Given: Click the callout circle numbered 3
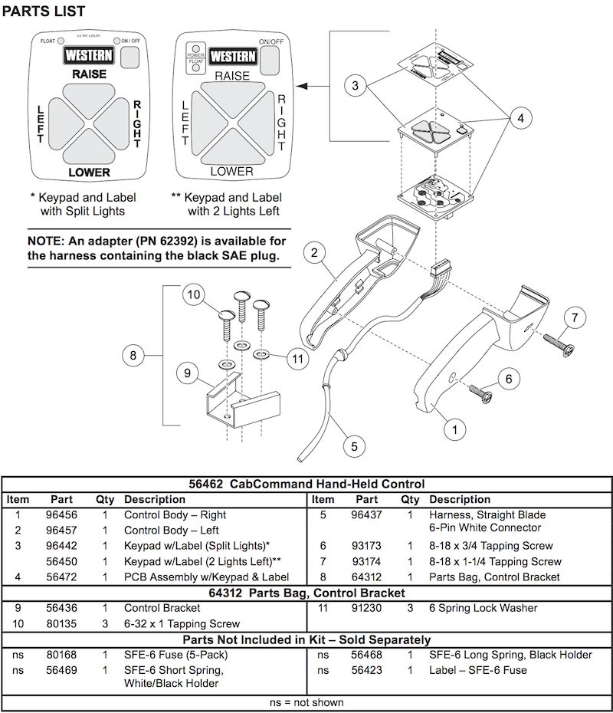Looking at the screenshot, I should pyautogui.click(x=355, y=87).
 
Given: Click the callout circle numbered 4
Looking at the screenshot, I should pyautogui.click(x=520, y=119).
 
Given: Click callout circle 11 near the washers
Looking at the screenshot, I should pyautogui.click(x=297, y=357).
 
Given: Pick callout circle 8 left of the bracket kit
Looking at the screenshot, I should pyautogui.click(x=133, y=355).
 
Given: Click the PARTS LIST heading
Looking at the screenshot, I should pyautogui.click(x=44, y=11).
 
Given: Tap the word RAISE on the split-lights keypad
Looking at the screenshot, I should pyautogui.click(x=89, y=74).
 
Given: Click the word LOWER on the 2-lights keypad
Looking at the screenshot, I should pyautogui.click(x=231, y=171).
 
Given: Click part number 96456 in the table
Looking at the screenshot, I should pyautogui.click(x=61, y=515).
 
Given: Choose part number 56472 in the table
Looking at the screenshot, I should pyautogui.click(x=61, y=577).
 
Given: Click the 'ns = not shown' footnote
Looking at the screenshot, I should pyautogui.click(x=306, y=702).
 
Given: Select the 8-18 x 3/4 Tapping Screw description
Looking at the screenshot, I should pyautogui.click(x=490, y=546).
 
